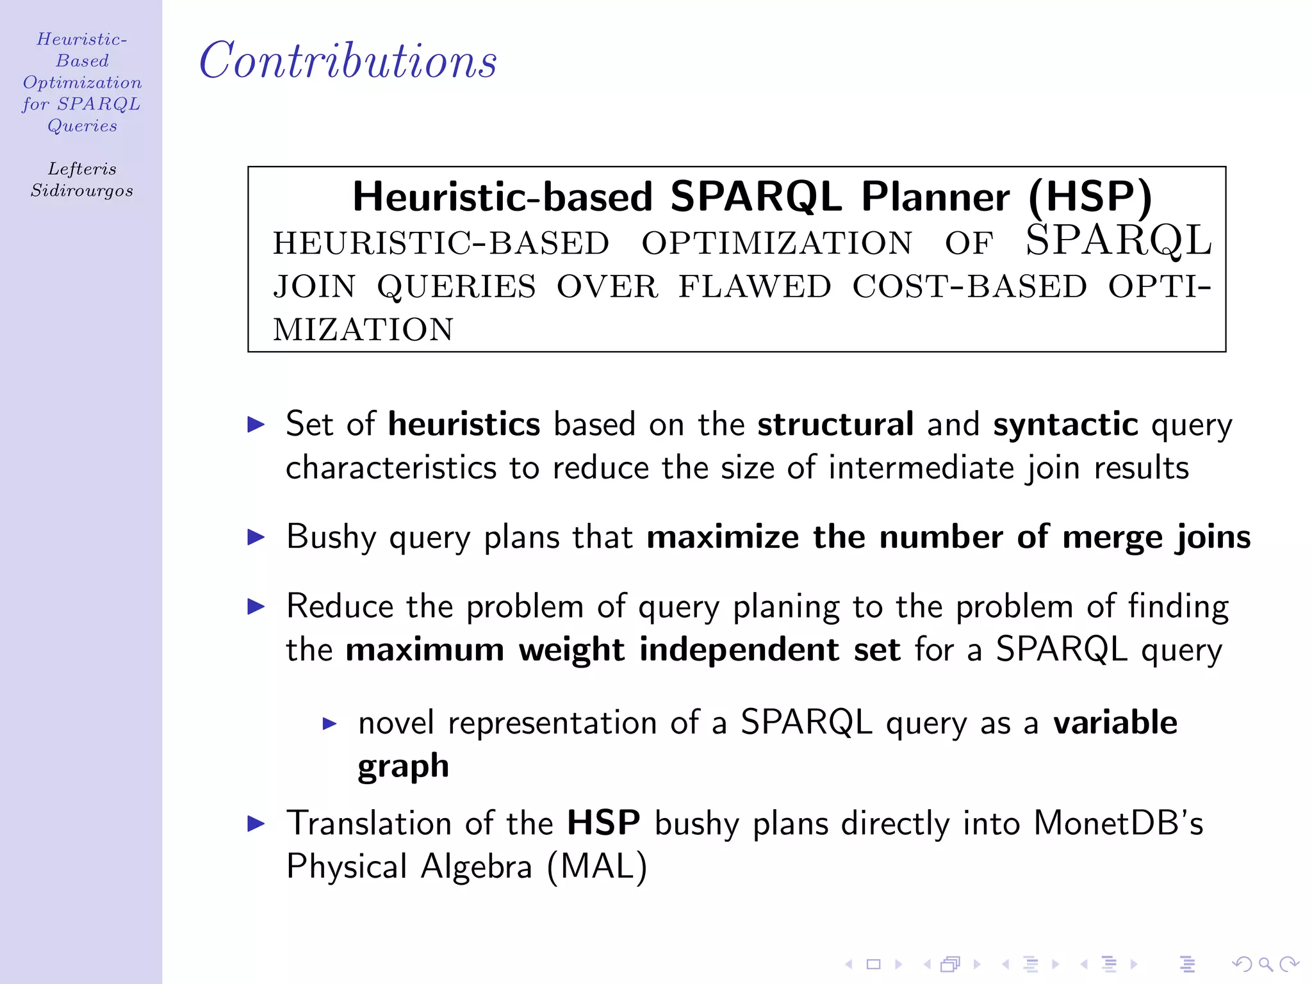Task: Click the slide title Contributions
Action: [x=348, y=60]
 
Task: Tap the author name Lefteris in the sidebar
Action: [x=82, y=169]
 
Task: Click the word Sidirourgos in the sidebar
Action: [x=82, y=191]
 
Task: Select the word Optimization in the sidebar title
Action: [x=82, y=83]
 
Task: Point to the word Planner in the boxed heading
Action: [x=935, y=197]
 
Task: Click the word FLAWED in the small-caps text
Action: [x=755, y=286]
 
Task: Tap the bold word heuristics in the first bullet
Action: [x=464, y=424]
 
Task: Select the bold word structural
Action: [x=835, y=424]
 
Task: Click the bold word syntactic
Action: [x=1065, y=424]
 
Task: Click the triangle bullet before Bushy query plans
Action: [x=256, y=537]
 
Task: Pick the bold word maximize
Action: [x=723, y=537]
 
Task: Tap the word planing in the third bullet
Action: [x=785, y=607]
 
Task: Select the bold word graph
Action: [x=403, y=767]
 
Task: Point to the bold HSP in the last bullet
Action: [x=603, y=823]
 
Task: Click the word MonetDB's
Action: [x=1118, y=823]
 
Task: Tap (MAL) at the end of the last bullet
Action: [x=597, y=867]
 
